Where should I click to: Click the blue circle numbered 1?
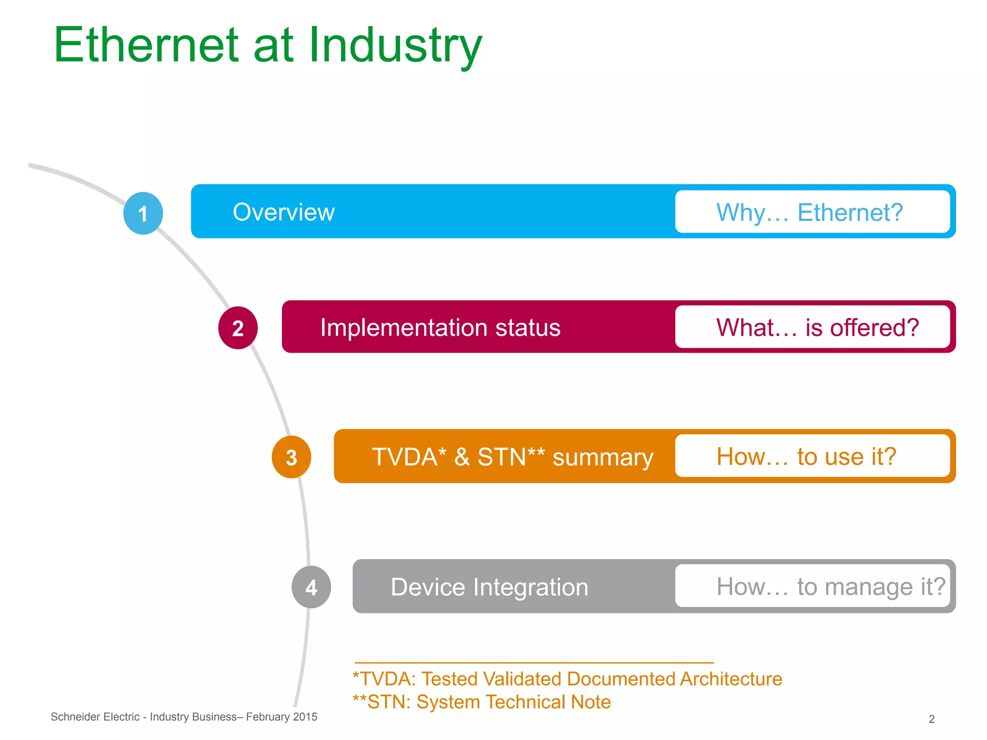(x=143, y=213)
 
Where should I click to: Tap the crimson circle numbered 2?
(x=238, y=328)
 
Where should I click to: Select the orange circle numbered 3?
(x=291, y=457)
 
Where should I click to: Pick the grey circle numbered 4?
(x=311, y=587)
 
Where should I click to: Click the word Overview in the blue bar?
(x=283, y=212)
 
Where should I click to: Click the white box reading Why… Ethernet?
(x=812, y=212)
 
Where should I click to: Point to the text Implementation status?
(x=440, y=328)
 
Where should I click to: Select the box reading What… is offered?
(x=812, y=327)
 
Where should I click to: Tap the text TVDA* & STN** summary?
(x=512, y=457)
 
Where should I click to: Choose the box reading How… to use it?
(x=812, y=456)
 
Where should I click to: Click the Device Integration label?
(x=489, y=587)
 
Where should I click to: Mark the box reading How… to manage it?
(x=812, y=586)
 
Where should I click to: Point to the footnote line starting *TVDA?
(x=567, y=679)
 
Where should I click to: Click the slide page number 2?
(x=931, y=719)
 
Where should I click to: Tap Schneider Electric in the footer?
(x=95, y=717)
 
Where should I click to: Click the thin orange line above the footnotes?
(x=534, y=663)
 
